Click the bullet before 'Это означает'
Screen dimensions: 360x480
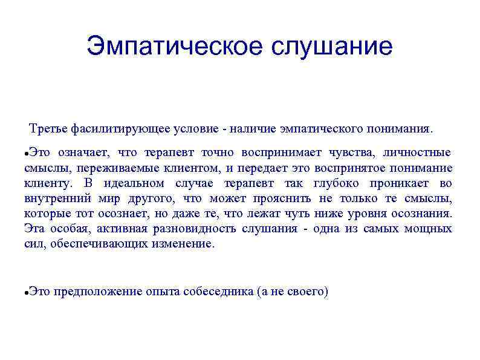(x=27, y=153)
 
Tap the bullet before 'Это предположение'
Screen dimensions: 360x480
(x=27, y=292)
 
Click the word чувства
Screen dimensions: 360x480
(x=354, y=152)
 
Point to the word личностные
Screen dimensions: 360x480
(x=421, y=152)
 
